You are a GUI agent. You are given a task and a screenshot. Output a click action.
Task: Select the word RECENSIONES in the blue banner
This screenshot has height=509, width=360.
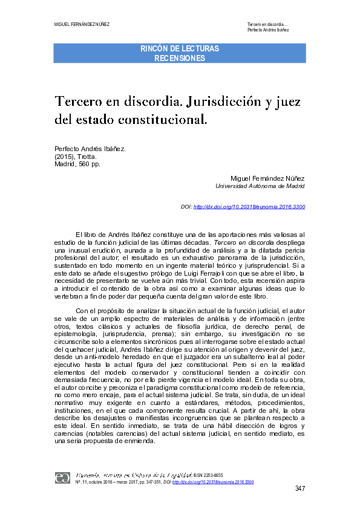180,58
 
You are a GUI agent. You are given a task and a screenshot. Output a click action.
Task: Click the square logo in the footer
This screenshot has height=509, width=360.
62,478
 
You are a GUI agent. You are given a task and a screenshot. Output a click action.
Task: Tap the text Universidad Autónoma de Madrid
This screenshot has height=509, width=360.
260,186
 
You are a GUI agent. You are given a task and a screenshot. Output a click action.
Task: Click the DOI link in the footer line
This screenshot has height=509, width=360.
213,482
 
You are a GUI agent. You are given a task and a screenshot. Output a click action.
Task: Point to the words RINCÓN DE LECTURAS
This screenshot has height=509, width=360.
180,48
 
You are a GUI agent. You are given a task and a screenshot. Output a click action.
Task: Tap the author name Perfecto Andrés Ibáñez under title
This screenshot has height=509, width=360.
90,148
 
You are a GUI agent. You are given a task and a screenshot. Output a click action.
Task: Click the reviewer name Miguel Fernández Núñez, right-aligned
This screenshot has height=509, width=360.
268,178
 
